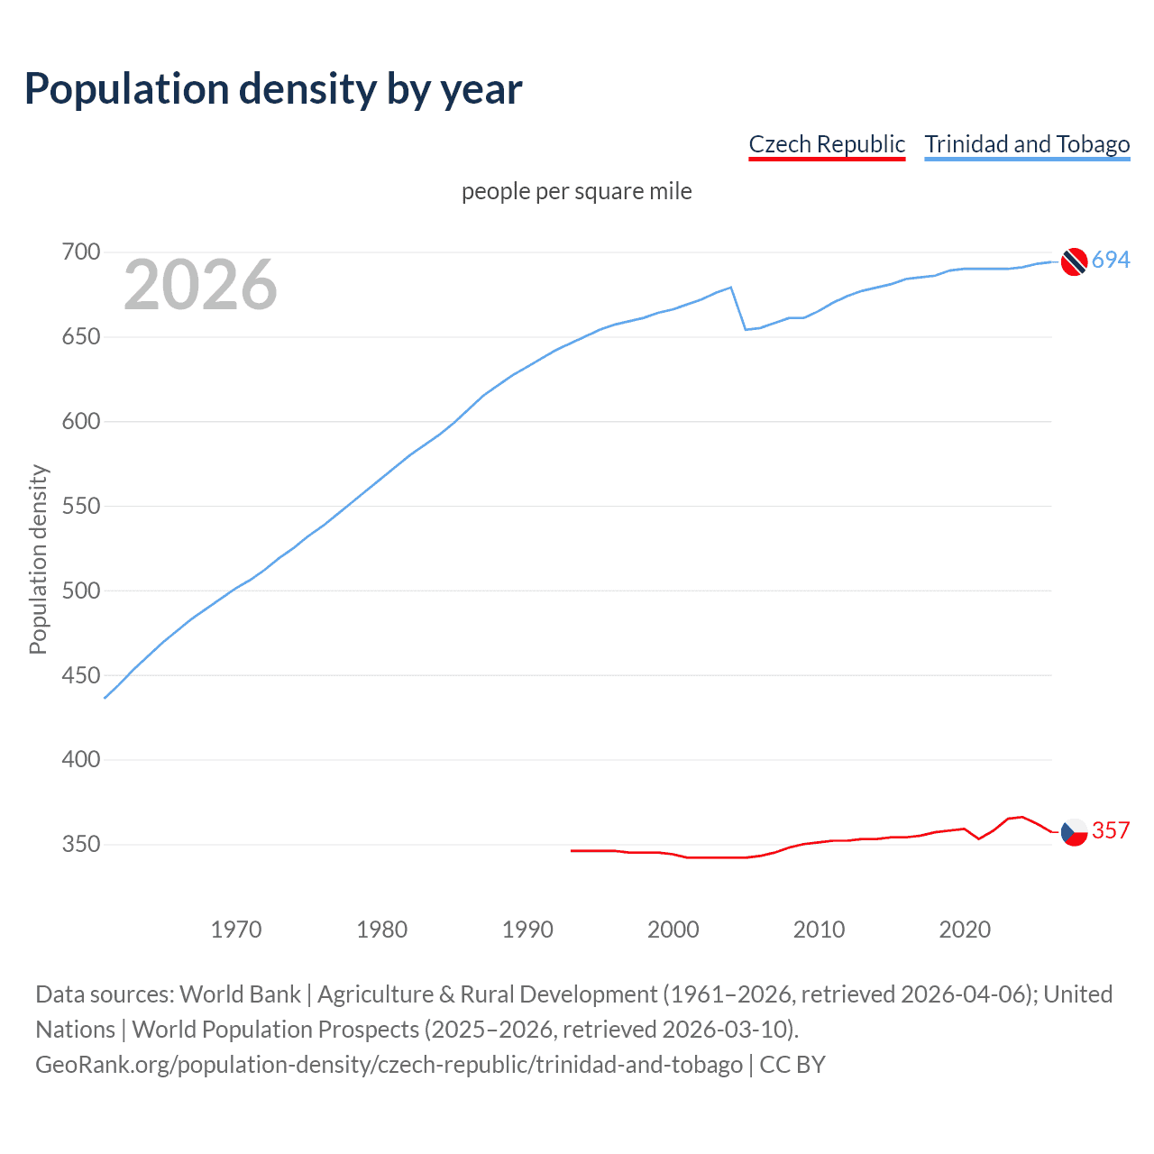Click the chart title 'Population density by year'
pos(273,88)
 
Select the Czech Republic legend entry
pos(827,144)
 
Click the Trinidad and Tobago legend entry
pos(1027,144)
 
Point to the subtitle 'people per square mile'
pos(576,191)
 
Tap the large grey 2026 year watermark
pos(200,285)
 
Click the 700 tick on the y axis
pos(81,252)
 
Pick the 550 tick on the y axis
pos(81,506)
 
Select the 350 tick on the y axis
pos(81,845)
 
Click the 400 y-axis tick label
pos(81,760)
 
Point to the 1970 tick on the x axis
pos(236,930)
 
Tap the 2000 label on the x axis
pos(673,930)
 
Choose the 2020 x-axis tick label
pos(965,930)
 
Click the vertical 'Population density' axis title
pos(38,559)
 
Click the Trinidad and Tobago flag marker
pos(1074,261)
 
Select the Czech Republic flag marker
pos(1074,831)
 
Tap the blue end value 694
pos(1111,261)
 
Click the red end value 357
pos(1111,830)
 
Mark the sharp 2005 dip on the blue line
pos(746,329)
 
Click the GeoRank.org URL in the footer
pos(389,1065)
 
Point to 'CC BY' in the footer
pos(792,1065)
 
